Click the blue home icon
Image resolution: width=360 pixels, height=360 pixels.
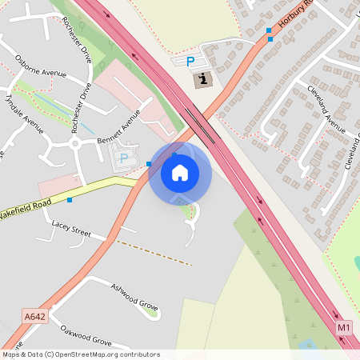tap(180, 172)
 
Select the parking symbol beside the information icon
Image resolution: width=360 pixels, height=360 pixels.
tap(190, 62)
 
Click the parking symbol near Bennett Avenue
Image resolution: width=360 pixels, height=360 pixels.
tap(124, 158)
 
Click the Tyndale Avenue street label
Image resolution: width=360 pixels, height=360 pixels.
tap(24, 112)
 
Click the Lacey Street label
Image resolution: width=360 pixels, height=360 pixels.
tap(71, 230)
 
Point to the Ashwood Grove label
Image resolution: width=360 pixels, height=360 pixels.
tap(134, 297)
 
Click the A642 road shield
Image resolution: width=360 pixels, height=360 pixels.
tap(35, 317)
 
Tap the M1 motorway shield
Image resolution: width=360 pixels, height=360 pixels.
tap(344, 327)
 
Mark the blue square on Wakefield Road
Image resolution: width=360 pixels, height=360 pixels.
tap(70, 199)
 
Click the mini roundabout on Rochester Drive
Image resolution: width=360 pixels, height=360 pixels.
tap(74, 144)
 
